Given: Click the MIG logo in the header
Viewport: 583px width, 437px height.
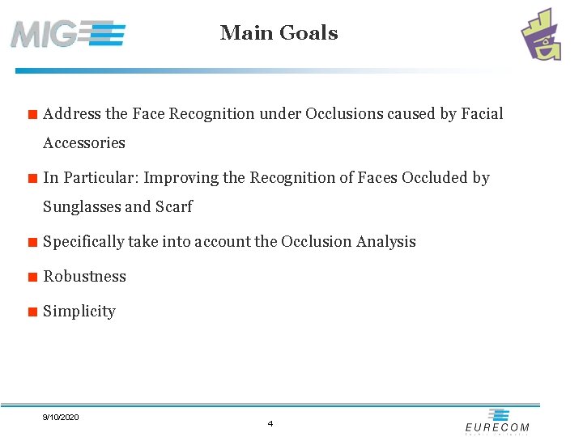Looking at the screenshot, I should pos(68,34).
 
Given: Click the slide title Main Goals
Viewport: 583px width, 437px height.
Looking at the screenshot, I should pos(279,33).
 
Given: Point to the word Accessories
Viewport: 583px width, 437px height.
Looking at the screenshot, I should pos(84,143).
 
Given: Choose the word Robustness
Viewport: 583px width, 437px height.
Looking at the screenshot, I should pos(85,277).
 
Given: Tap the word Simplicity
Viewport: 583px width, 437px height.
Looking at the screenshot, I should pos(79,312).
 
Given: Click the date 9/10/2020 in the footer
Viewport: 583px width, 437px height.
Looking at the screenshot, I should pos(61,417).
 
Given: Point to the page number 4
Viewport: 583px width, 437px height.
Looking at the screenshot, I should pos(270,423).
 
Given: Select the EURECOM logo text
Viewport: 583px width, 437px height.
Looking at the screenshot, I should pos(497,426).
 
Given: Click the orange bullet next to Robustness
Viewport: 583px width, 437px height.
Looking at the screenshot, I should pos(32,277).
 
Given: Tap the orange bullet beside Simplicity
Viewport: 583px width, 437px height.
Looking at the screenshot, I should pos(32,312).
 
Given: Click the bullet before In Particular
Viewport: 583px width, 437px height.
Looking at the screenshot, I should pos(32,178).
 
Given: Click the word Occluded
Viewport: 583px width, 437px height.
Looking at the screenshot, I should pos(433,178).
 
